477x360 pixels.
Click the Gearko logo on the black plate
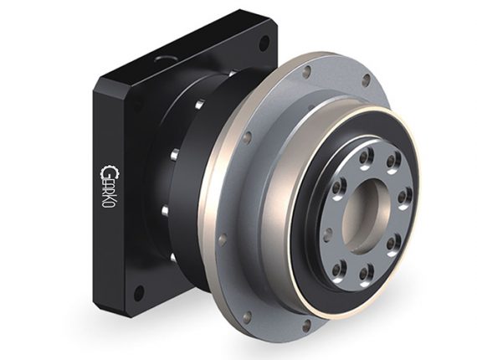click(x=107, y=187)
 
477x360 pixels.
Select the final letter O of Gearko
click(x=107, y=205)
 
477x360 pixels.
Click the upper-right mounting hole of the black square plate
click(x=264, y=43)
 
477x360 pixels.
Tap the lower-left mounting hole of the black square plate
click(x=138, y=293)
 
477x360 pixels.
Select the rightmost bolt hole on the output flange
click(x=405, y=198)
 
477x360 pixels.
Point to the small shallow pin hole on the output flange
click(x=327, y=235)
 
